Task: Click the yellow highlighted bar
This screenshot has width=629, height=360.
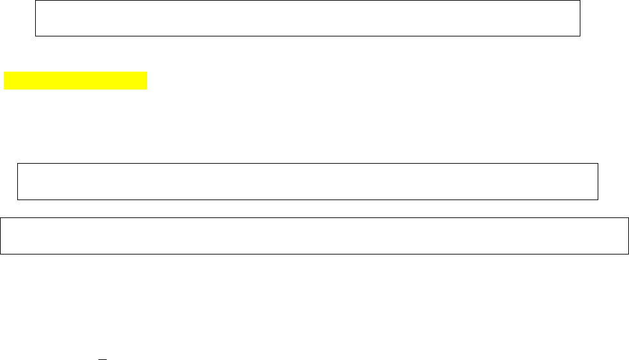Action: tap(75, 81)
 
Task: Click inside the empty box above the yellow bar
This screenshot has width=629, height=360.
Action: tap(307, 18)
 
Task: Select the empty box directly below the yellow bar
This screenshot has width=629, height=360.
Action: tap(307, 182)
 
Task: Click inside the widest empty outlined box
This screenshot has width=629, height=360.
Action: tap(314, 237)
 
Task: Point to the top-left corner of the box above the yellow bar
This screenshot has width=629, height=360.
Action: tap(35, 1)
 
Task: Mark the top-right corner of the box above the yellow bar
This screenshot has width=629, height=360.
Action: tap(579, 1)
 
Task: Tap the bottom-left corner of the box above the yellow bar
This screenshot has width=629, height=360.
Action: tap(35, 36)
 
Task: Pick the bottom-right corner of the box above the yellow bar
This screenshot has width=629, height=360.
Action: tap(579, 36)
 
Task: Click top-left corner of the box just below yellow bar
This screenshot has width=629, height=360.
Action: tap(17, 164)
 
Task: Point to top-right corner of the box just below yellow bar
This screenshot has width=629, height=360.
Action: tap(597, 164)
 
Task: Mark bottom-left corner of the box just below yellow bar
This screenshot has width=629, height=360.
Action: tap(17, 200)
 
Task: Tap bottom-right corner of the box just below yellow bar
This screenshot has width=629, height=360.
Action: tap(597, 200)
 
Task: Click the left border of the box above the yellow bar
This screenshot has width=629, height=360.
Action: tap(35, 18)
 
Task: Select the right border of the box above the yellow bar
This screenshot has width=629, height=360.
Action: tap(579, 18)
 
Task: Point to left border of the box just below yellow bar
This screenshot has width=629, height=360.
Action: tap(17, 182)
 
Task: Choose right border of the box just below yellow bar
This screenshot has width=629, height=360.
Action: tap(597, 182)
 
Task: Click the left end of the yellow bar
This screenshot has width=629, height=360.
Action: tap(6, 81)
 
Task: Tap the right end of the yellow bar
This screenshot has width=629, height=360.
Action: tap(146, 81)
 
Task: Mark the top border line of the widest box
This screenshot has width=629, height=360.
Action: tap(314, 219)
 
